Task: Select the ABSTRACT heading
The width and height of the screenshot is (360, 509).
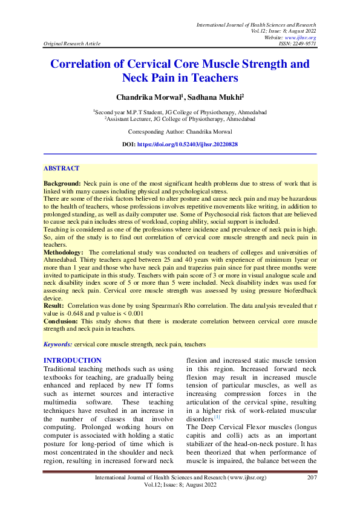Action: click(62, 169)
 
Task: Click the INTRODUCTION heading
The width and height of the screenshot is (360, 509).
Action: click(73, 361)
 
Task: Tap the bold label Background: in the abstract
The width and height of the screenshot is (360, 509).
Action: click(62, 183)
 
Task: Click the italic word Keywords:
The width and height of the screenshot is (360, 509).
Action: click(58, 344)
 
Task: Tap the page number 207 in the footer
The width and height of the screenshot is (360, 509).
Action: click(312, 478)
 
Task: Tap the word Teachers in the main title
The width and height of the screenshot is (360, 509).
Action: click(215, 78)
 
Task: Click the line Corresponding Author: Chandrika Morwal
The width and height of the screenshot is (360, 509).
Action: click(180, 131)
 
